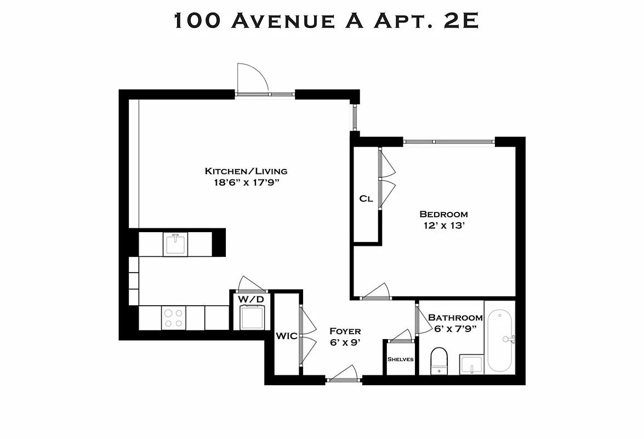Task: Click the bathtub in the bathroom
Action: tap(499, 340)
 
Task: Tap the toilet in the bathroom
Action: tap(439, 361)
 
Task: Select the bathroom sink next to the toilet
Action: tap(471, 364)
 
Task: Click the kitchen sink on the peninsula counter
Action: tap(175, 244)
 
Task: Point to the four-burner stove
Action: tap(173, 318)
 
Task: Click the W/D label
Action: tap(251, 299)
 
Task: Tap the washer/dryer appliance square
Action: tap(252, 318)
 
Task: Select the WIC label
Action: tap(286, 335)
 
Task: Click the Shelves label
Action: tap(401, 359)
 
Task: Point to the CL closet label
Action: tap(366, 199)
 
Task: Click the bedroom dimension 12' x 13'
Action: tap(443, 226)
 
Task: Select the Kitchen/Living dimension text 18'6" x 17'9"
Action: tap(246, 183)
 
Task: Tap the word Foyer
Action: tap(345, 331)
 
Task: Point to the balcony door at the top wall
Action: tap(252, 80)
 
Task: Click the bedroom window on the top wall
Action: tap(449, 142)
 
